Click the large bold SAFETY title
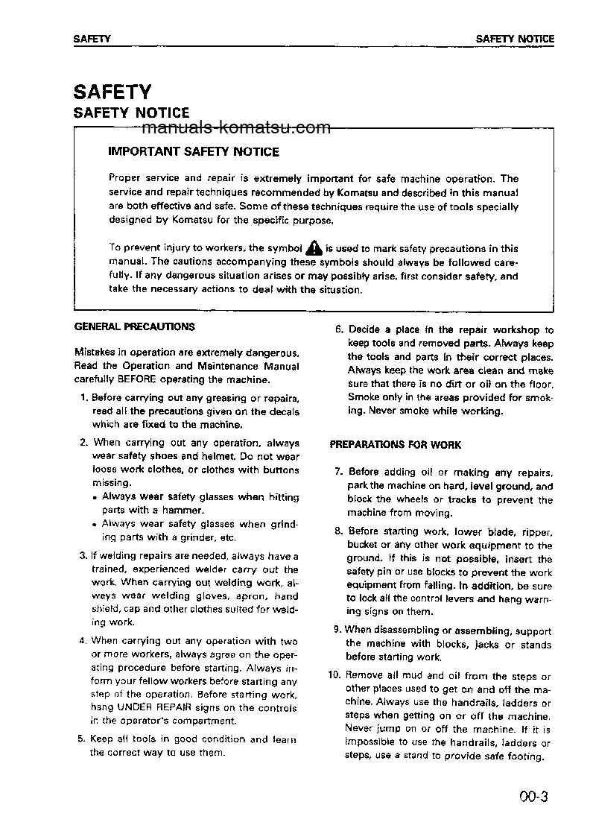112,92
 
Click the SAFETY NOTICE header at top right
515,39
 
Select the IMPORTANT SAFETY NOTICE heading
194,151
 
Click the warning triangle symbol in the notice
314,247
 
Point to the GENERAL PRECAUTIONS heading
135,326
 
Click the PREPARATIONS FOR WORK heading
396,445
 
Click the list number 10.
334,676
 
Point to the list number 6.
338,329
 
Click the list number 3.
83,556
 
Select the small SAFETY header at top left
92,39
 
